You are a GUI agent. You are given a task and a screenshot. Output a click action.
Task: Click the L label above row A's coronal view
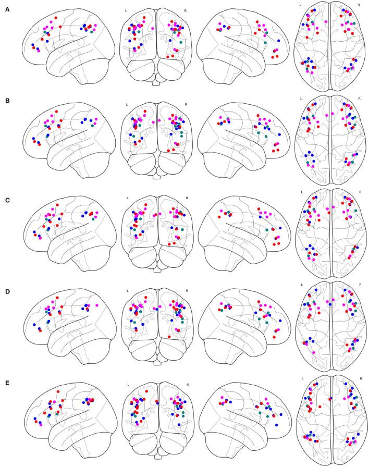tap(126, 10)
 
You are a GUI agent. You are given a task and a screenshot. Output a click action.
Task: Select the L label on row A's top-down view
tap(301, 4)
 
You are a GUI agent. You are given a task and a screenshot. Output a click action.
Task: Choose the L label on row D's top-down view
tap(301, 285)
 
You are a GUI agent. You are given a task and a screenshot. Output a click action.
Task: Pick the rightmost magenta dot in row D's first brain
tap(97, 304)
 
